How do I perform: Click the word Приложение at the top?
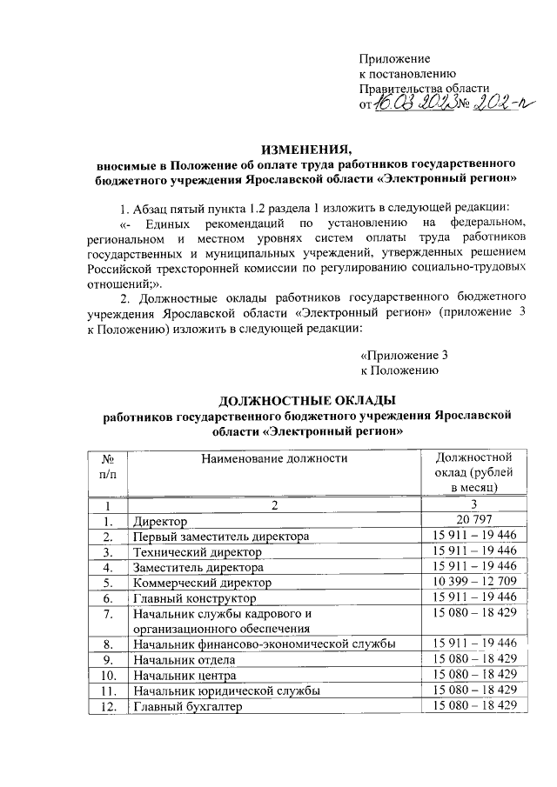coord(395,58)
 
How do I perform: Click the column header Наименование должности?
coord(272,458)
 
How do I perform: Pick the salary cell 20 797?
coord(469,520)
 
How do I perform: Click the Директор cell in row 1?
coord(159,521)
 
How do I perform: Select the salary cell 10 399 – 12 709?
coord(469,582)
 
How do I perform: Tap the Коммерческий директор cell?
coord(202,582)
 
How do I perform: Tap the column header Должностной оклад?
coord(469,472)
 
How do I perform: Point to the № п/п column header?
coord(109,465)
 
